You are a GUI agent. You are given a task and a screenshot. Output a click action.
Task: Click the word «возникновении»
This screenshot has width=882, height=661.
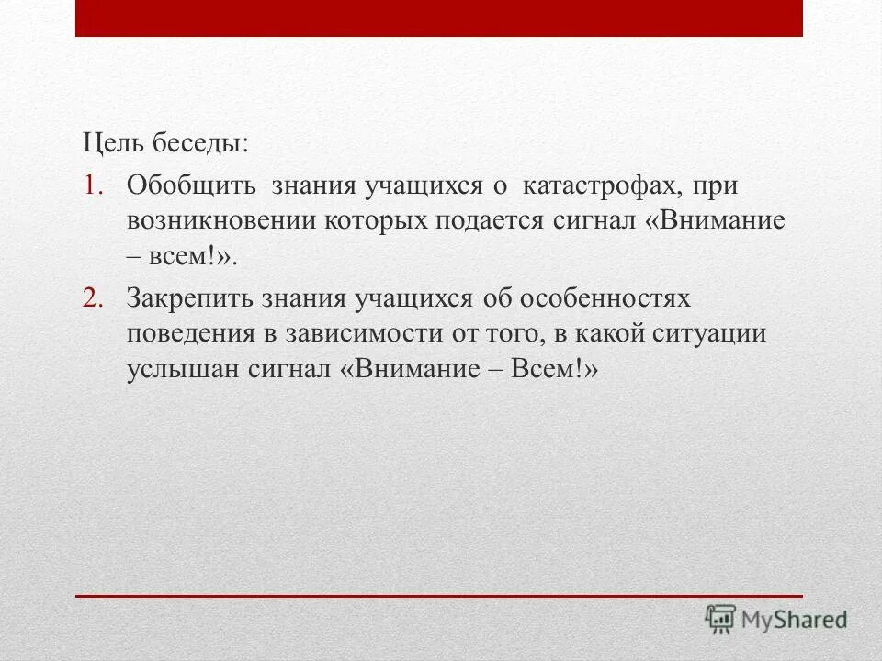click(222, 221)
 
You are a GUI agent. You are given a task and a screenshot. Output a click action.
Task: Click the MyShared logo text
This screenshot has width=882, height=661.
click(796, 621)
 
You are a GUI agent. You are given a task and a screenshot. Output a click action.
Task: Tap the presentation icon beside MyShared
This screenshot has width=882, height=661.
click(721, 620)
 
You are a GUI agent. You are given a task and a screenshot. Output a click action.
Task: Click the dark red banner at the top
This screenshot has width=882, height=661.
click(438, 18)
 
